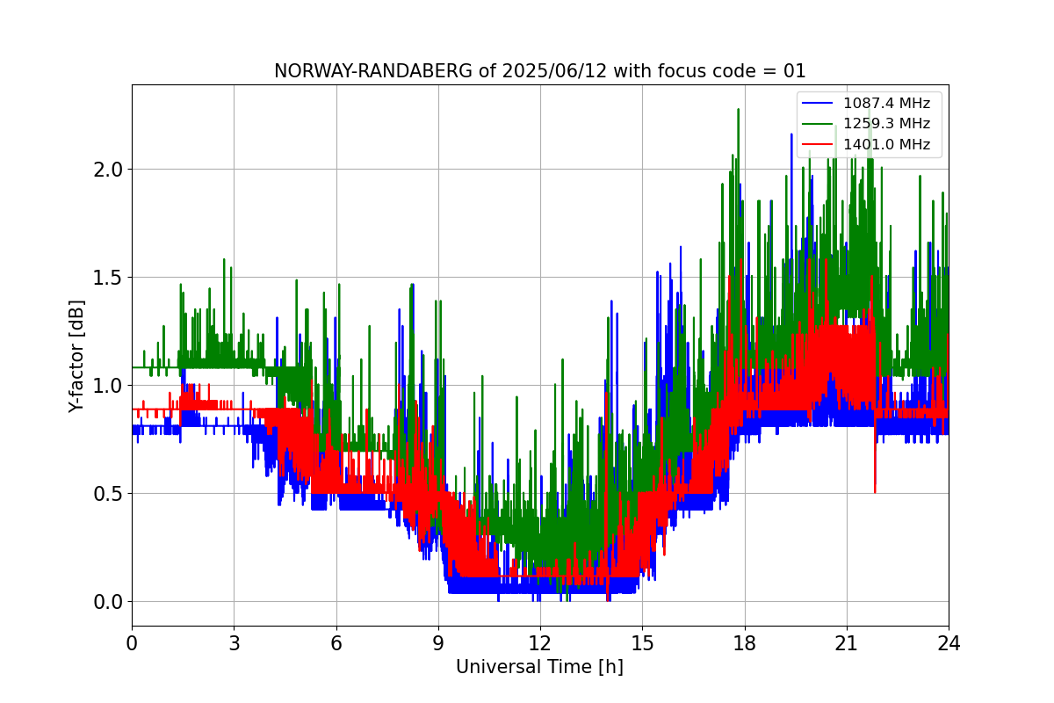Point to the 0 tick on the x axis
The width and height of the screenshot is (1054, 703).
[x=132, y=643]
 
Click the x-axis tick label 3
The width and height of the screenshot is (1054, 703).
[x=234, y=643]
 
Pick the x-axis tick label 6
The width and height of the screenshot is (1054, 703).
[x=336, y=643]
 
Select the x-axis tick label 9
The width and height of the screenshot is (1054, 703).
[x=438, y=643]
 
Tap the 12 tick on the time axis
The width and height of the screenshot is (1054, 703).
[x=540, y=643]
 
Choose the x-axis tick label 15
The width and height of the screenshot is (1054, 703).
[x=642, y=643]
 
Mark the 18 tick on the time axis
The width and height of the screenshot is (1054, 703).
[x=745, y=643]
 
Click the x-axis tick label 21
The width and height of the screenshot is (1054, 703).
[x=847, y=643]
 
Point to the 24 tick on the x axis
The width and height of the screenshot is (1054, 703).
[x=949, y=643]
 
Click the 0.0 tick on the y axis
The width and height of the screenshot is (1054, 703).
[x=108, y=602]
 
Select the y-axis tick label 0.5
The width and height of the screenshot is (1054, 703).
[x=108, y=494]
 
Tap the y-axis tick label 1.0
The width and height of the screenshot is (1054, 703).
[x=108, y=386]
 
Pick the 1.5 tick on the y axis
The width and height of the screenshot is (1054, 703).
[x=108, y=278]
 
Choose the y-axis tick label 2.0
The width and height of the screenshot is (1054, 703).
[x=108, y=170]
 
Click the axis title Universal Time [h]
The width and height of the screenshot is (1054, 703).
[x=539, y=667]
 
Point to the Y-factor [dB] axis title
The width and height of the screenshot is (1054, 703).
[x=77, y=356]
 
